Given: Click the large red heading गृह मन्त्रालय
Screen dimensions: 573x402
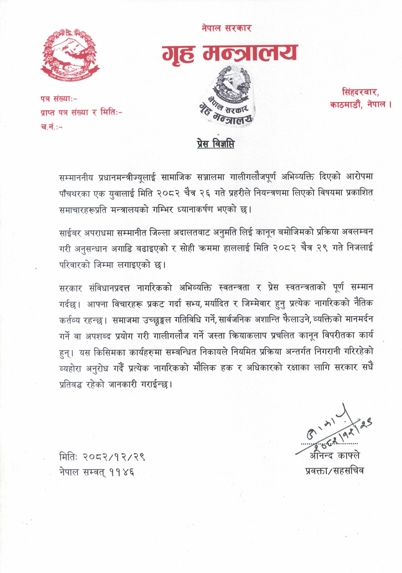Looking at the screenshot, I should point(229,53).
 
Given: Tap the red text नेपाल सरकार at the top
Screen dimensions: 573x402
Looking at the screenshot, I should point(226,28).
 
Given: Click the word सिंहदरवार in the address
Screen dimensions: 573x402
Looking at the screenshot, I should point(360,92).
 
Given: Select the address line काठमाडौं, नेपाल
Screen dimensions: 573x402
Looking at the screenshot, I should point(361,104).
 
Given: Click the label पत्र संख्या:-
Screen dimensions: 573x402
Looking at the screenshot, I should point(59,99).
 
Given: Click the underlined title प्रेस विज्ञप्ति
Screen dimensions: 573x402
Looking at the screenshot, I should point(216,144).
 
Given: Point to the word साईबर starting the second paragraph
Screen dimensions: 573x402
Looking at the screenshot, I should point(70,233).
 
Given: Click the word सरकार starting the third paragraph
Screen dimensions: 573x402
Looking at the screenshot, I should point(71,288).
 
